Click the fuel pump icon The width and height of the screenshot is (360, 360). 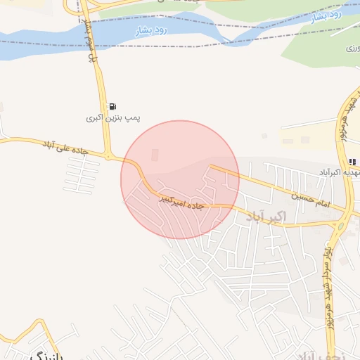coord(113,107)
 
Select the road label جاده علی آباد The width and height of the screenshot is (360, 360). coord(67,145)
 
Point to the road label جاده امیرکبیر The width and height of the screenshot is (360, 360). coord(182,202)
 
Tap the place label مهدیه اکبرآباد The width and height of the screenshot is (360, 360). coord(335,172)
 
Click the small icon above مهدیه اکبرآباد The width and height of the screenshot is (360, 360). coord(352,162)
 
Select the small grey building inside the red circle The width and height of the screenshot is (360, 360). coord(155,155)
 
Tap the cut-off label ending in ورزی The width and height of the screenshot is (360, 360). coord(352,49)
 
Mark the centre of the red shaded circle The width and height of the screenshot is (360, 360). coord(180,179)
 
